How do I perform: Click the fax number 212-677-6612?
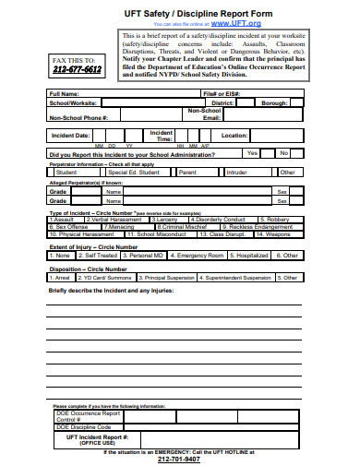pos(78,69)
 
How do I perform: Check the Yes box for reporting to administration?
pos(252,153)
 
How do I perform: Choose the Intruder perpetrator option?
pos(237,172)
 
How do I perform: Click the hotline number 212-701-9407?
pos(179,459)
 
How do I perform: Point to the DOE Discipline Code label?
pos(84,427)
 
